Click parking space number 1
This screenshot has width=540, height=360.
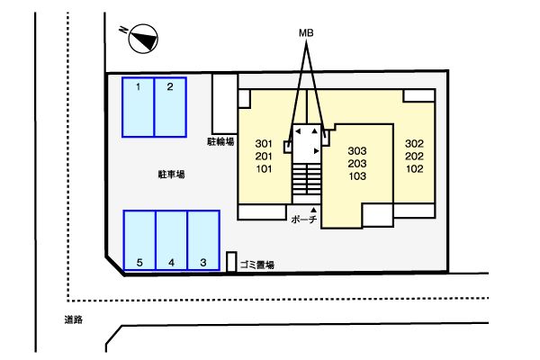pos(139,107)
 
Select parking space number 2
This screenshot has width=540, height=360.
pos(170,107)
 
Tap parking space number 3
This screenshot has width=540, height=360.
pos(203,239)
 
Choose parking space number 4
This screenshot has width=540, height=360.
pos(171,239)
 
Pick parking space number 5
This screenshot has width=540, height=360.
pos(139,239)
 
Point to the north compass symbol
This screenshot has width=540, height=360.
pos(142,38)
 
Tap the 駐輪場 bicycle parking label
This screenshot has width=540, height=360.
pos(220,141)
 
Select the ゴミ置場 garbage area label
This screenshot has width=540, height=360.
pos(257,265)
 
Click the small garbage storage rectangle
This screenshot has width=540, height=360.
pos(231,262)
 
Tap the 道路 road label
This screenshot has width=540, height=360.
pos(74,319)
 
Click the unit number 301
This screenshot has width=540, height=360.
pos(264,144)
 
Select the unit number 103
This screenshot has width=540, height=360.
pos(357,176)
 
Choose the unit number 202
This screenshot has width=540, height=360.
pos(414,157)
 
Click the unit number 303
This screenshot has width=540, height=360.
pos(357,150)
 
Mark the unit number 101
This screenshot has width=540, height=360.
pos(264,168)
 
